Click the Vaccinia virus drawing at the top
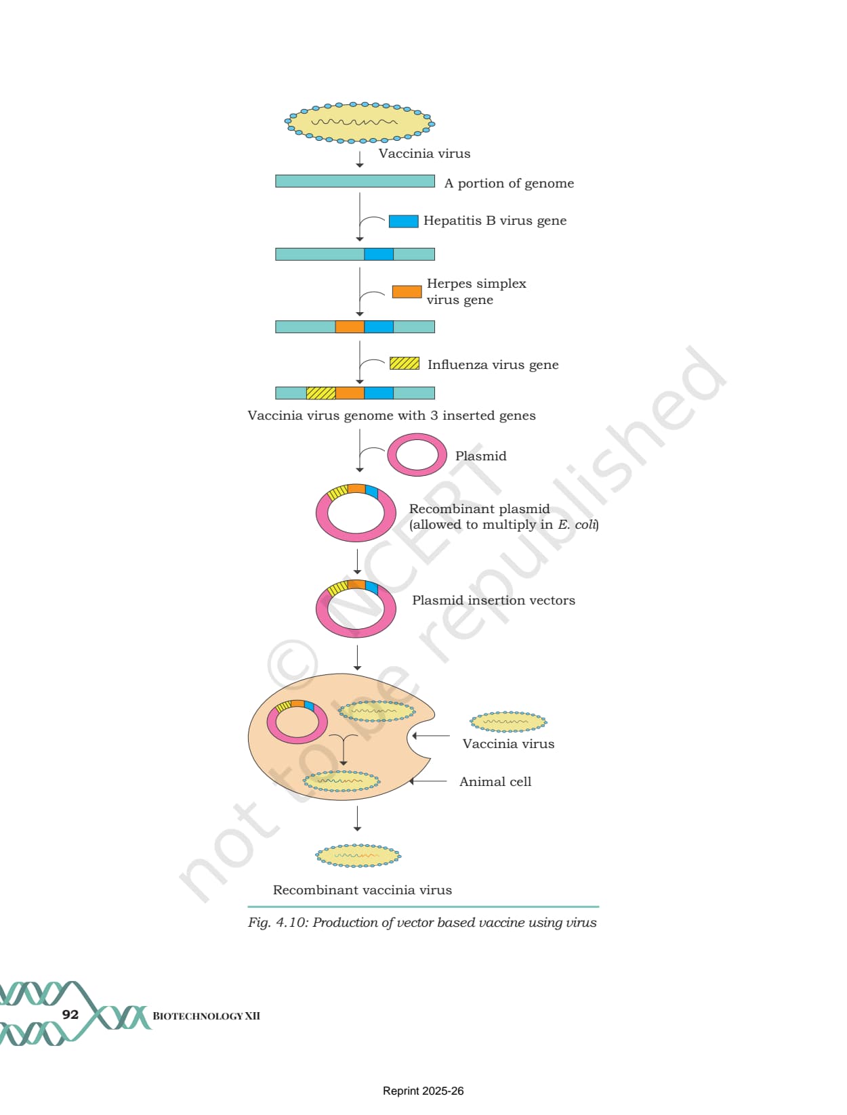tap(359, 123)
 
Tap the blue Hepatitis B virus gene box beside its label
tap(404, 221)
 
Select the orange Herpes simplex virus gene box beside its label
tap(407, 292)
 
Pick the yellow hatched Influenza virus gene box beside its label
tap(405, 363)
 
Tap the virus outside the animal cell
tap(508, 721)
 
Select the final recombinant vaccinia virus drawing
tap(358, 856)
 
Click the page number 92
tap(70, 1014)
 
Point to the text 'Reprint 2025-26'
tap(423, 1091)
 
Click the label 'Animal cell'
tap(495, 781)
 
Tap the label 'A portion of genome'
tap(509, 183)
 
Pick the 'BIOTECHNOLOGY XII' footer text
tap(207, 1015)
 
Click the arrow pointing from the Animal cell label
tap(428, 781)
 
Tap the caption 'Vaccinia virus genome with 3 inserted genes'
tap(392, 416)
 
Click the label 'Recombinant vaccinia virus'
tap(362, 890)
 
